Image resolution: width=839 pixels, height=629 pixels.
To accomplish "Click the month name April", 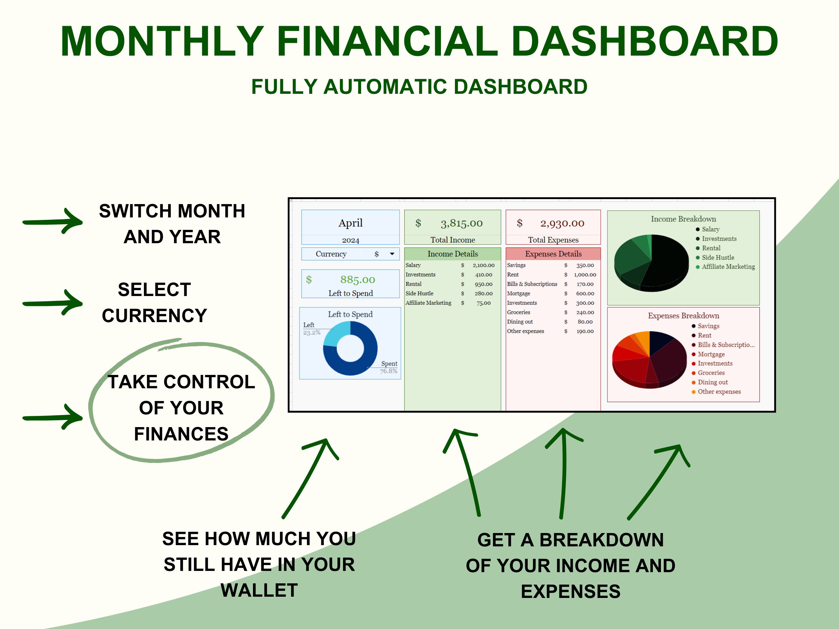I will click(x=350, y=223).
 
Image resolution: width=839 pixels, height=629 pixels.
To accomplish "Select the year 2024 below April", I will click(x=350, y=240).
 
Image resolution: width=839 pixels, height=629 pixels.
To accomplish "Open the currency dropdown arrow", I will click(x=392, y=254).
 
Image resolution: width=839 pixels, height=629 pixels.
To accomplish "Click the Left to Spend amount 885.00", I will click(x=357, y=280).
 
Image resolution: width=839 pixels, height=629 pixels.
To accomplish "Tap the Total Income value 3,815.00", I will click(x=461, y=223).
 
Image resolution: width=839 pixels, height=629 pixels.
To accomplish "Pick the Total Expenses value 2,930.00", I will click(x=562, y=223).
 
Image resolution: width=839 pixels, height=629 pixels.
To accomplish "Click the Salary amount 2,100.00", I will click(x=483, y=265).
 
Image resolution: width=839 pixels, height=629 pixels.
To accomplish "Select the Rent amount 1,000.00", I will click(x=585, y=275).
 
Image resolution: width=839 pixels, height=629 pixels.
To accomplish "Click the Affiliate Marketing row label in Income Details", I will click(x=428, y=303).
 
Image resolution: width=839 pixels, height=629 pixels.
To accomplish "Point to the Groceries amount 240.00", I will click(x=585, y=312).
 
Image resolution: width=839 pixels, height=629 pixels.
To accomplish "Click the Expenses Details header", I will click(x=553, y=254).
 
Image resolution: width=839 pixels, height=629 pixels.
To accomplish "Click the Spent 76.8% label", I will click(x=389, y=367).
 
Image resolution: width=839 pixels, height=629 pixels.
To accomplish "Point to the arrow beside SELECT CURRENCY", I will click(x=53, y=303).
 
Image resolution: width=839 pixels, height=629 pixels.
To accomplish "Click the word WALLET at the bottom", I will click(x=259, y=590).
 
